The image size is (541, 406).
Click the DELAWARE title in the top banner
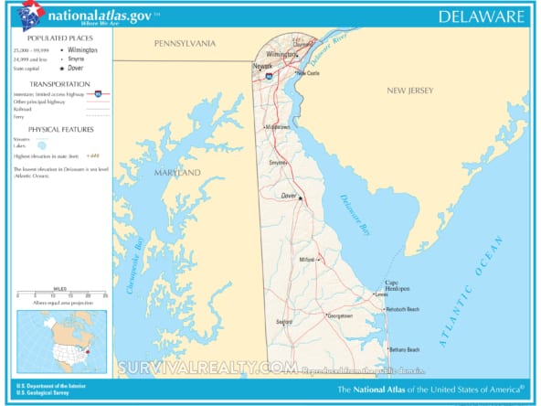click(x=482, y=16)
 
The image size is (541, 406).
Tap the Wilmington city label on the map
click(x=282, y=54)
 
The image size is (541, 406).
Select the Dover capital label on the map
click(x=288, y=195)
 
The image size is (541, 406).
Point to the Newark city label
click(x=263, y=67)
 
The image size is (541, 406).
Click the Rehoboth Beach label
click(x=402, y=309)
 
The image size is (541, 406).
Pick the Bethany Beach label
click(x=404, y=349)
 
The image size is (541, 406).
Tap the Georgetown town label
click(x=340, y=316)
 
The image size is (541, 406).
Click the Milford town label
click(x=306, y=260)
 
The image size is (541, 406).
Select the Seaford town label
click(x=284, y=321)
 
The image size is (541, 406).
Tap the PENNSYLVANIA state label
click(x=185, y=43)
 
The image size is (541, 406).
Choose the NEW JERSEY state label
click(x=409, y=91)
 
